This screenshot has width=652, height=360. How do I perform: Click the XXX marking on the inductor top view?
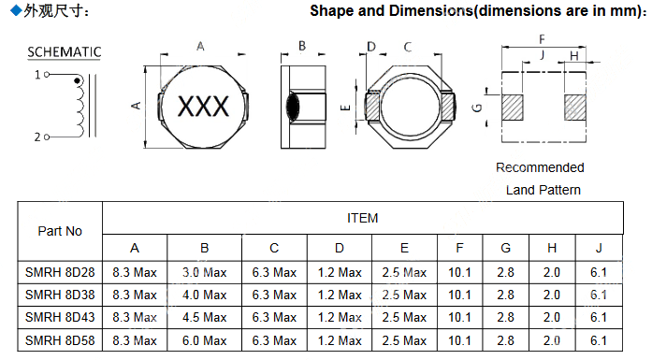point(203,106)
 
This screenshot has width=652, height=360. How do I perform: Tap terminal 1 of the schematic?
point(47,75)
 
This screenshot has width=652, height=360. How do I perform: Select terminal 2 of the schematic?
point(47,137)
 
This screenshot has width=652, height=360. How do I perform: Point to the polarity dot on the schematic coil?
point(77,80)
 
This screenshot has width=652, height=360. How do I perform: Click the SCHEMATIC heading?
point(64,52)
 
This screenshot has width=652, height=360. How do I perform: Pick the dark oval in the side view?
point(293,107)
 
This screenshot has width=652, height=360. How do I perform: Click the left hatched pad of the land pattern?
point(513,108)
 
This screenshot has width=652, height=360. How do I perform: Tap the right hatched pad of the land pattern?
point(575,108)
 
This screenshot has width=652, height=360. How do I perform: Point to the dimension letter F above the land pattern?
point(542,39)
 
